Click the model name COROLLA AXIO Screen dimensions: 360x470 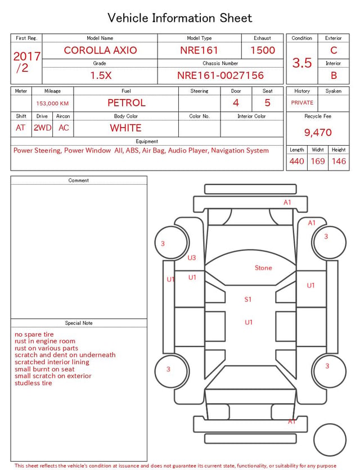tap(100, 50)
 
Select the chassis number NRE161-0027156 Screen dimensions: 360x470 tap(220, 75)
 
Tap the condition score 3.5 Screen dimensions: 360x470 tap(302, 62)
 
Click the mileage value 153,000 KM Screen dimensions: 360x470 tap(52, 104)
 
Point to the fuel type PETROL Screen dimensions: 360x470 tap(127, 103)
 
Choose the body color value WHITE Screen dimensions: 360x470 tap(125, 128)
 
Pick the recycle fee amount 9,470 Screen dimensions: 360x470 tap(318, 132)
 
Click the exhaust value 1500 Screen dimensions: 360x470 tap(263, 50)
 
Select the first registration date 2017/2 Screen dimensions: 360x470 tap(26, 62)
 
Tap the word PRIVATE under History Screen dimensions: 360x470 tap(302, 102)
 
